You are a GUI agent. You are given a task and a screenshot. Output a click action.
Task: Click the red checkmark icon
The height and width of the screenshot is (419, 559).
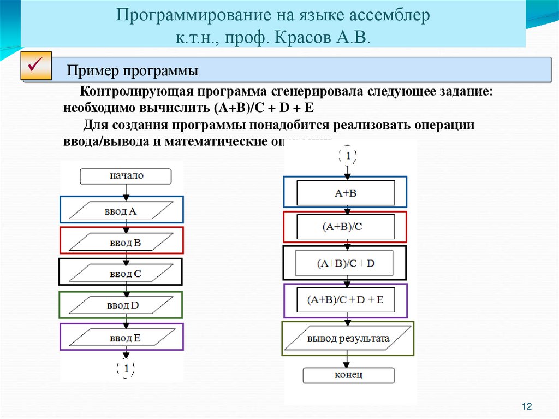click(x=36, y=67)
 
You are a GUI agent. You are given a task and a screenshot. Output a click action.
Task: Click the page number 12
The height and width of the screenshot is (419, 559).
click(x=527, y=406)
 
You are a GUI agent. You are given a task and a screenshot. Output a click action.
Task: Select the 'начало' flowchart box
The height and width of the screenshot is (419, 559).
click(x=126, y=176)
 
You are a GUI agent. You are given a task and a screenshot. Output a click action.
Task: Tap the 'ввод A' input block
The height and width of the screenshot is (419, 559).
click(x=121, y=210)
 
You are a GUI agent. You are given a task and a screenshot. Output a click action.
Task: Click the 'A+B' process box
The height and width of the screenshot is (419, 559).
click(x=345, y=192)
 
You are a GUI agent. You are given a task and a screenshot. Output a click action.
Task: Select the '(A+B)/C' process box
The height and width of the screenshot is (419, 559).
click(x=345, y=227)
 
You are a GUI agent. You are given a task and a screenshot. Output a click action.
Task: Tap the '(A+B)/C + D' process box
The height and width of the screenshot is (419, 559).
click(x=345, y=263)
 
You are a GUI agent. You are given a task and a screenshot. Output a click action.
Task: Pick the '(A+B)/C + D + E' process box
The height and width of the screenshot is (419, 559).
click(x=345, y=299)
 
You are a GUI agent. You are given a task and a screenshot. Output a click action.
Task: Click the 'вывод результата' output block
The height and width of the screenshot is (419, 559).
click(x=348, y=339)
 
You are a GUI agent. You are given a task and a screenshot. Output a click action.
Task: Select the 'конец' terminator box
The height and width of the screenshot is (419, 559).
click(x=348, y=375)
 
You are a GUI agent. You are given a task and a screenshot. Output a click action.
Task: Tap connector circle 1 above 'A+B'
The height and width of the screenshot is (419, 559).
click(x=348, y=156)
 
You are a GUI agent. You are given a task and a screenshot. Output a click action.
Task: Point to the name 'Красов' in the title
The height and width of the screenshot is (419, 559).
click(x=311, y=38)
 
